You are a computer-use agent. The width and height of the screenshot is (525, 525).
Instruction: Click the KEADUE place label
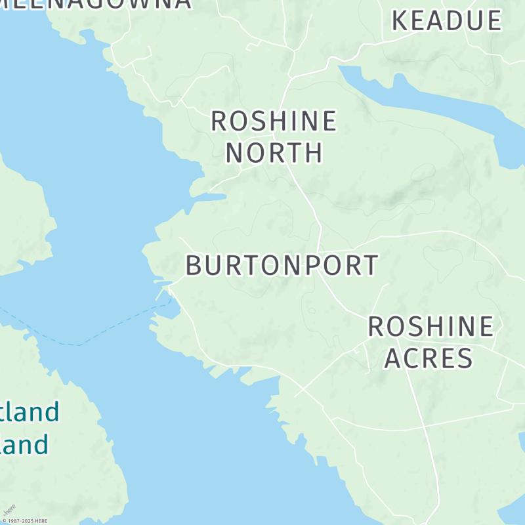[x=446, y=20]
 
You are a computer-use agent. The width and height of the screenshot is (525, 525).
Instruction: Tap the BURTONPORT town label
[x=282, y=265]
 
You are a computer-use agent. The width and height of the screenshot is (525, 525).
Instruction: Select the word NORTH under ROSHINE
[x=274, y=152]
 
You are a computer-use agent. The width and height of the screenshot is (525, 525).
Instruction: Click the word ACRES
[x=429, y=358]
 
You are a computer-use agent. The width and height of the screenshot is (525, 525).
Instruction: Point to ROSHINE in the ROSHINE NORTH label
[x=274, y=121]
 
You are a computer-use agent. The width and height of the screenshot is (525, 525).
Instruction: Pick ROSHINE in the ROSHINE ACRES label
[x=430, y=327]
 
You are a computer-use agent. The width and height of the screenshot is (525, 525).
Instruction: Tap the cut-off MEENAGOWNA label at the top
[x=98, y=3]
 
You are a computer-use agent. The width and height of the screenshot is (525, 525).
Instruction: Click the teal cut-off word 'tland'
[x=30, y=413]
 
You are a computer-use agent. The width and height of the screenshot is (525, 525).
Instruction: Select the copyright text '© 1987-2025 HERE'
[x=24, y=521]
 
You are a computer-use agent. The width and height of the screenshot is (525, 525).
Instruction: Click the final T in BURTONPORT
[x=371, y=265]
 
